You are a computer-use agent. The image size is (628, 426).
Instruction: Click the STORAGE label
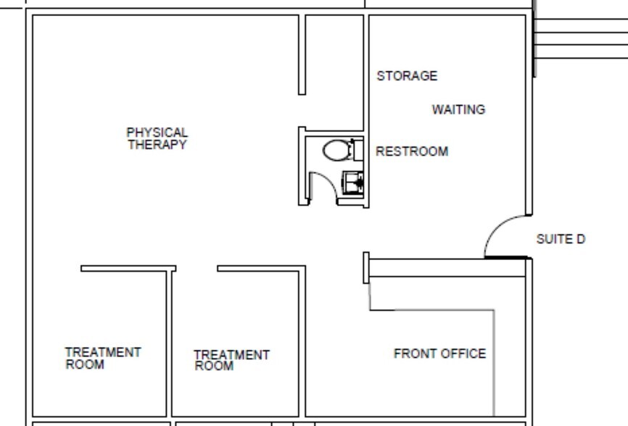click(x=407, y=75)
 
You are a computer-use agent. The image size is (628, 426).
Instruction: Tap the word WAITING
click(x=458, y=109)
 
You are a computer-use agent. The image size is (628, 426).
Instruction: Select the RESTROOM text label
click(x=411, y=151)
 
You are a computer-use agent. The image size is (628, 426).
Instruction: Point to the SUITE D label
click(x=560, y=239)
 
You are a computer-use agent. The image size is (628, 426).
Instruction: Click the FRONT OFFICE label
click(x=439, y=354)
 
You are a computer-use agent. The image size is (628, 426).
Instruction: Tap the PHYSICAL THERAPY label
click(x=157, y=138)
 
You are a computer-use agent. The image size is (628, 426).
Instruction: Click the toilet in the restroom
click(x=336, y=151)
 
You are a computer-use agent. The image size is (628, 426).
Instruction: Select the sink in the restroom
click(x=353, y=182)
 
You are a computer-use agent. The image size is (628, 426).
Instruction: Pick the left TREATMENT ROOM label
click(x=103, y=358)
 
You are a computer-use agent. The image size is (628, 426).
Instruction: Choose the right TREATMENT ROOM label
click(x=231, y=360)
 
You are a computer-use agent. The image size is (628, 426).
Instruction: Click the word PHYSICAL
click(x=157, y=133)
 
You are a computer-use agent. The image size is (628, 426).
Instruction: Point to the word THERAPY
click(x=157, y=144)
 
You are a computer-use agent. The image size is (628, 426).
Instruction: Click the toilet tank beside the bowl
click(x=358, y=150)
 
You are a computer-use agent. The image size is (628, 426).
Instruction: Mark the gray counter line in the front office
click(x=494, y=362)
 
